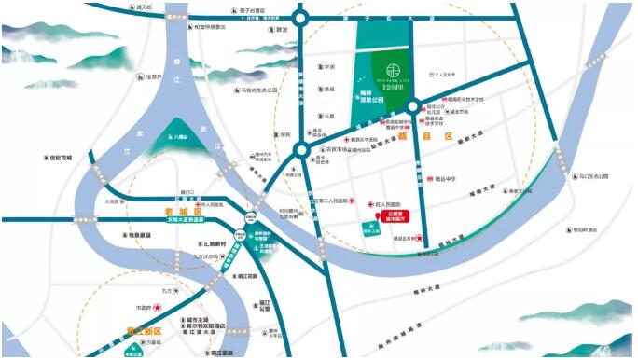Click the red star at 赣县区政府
click(x=421, y=239)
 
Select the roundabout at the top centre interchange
click(x=300, y=15)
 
